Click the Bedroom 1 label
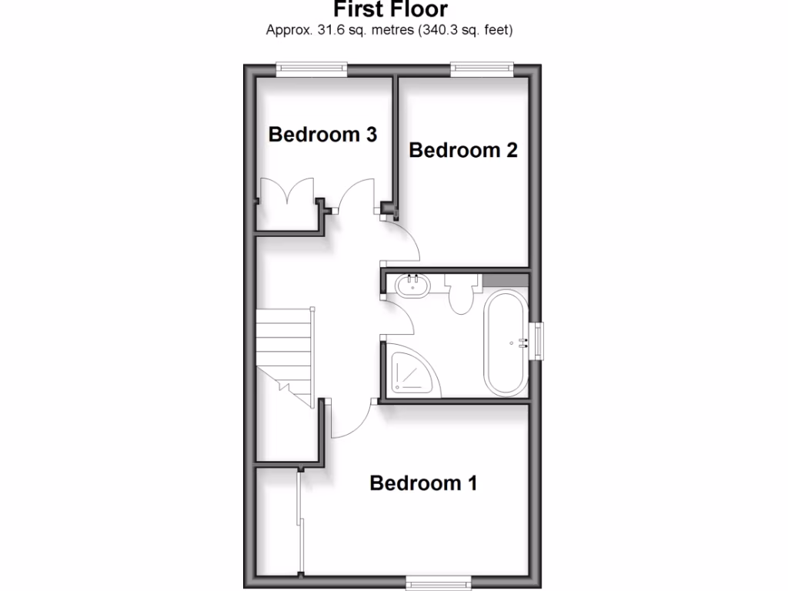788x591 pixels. pyautogui.click(x=423, y=483)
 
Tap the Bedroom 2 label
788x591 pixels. pyautogui.click(x=462, y=149)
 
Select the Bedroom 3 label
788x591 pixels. pyautogui.click(x=322, y=135)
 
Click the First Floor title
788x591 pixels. pyautogui.click(x=389, y=9)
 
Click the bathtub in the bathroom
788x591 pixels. pyautogui.click(x=506, y=342)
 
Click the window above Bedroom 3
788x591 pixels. pyautogui.click(x=312, y=68)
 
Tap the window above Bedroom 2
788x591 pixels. pyautogui.click(x=482, y=68)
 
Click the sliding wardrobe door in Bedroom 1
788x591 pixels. pyautogui.click(x=300, y=523)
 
